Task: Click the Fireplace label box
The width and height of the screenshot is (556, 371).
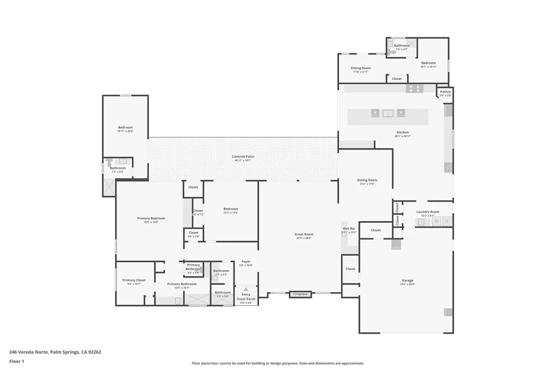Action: [300, 294]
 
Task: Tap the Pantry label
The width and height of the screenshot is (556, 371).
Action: [445, 92]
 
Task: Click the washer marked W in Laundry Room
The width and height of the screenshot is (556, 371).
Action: [436, 222]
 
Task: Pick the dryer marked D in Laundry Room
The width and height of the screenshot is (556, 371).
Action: [447, 222]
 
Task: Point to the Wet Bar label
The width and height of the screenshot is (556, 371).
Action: [349, 229]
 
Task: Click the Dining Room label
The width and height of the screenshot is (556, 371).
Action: [367, 181]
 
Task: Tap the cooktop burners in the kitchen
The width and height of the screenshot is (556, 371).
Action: [414, 89]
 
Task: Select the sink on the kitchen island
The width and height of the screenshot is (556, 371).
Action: [388, 114]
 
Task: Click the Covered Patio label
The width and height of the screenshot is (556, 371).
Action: [243, 157]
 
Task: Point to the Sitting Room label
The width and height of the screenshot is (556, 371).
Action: [361, 69]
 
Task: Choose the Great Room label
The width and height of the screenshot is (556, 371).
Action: [304, 235]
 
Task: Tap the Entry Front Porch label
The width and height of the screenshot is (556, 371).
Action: [246, 297]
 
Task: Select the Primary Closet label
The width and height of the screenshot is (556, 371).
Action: [134, 281]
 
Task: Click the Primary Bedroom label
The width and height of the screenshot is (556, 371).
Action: [151, 219]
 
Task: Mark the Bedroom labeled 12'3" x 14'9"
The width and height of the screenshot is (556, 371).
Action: [231, 210]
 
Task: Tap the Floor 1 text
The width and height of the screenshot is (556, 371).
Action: [17, 361]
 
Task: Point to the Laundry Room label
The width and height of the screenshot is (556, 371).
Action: [428, 212]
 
